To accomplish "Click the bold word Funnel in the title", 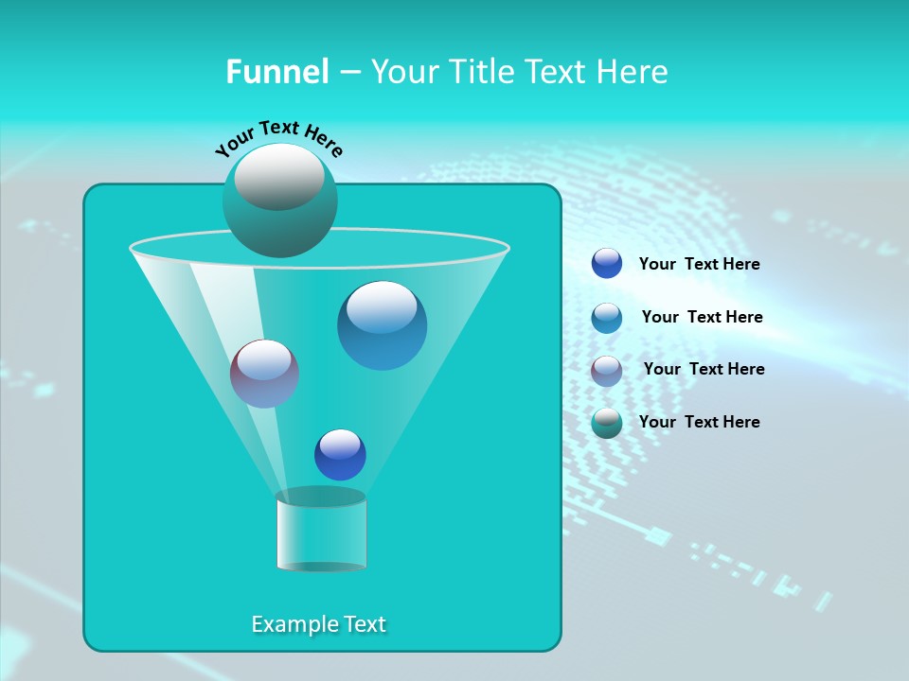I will click(276, 72).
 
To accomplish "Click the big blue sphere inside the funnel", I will click(383, 326).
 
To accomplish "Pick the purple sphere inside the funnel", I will click(264, 375).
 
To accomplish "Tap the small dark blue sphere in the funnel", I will click(340, 455).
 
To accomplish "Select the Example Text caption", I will click(319, 624).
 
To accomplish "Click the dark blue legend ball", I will click(607, 264).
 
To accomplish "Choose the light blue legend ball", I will click(607, 318).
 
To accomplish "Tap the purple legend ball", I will click(607, 371).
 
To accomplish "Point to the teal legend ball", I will click(607, 423).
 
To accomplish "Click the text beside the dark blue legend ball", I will click(699, 265).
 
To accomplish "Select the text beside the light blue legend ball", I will click(702, 317).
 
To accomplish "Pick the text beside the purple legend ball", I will click(704, 369).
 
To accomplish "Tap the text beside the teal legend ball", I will click(699, 422).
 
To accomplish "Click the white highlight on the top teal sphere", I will click(279, 176).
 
